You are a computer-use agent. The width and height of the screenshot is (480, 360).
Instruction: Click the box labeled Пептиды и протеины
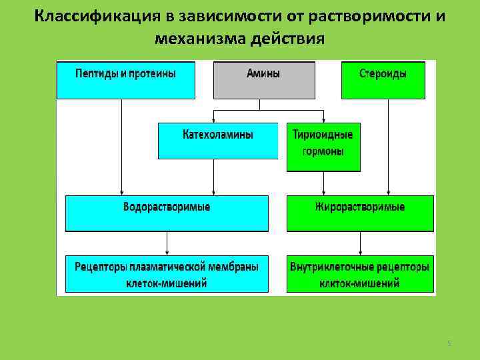125,79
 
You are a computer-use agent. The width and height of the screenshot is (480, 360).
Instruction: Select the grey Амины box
263,79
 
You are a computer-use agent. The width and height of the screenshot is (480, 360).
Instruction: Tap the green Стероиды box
383,79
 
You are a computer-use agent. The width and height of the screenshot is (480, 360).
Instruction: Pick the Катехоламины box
218,140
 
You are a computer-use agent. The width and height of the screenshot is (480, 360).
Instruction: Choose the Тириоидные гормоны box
323,147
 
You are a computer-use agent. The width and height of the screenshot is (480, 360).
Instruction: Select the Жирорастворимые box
360,213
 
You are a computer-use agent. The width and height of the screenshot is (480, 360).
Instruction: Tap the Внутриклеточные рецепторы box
360,274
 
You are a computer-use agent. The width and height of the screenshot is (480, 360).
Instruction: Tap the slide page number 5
449,343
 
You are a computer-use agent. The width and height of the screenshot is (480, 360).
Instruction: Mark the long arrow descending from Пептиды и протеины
121,147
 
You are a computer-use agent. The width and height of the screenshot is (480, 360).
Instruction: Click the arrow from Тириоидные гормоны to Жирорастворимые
323,183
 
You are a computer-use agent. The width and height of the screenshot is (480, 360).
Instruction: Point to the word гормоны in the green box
323,152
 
